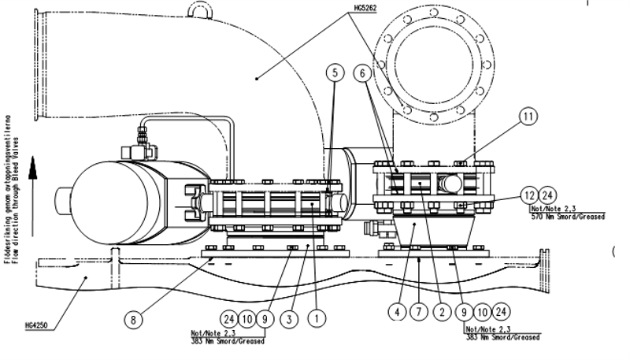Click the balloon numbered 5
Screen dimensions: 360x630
click(x=335, y=72)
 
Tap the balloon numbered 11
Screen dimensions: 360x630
click(x=528, y=116)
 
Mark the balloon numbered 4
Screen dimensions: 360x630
click(x=397, y=313)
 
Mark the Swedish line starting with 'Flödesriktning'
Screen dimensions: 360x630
click(x=7, y=197)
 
